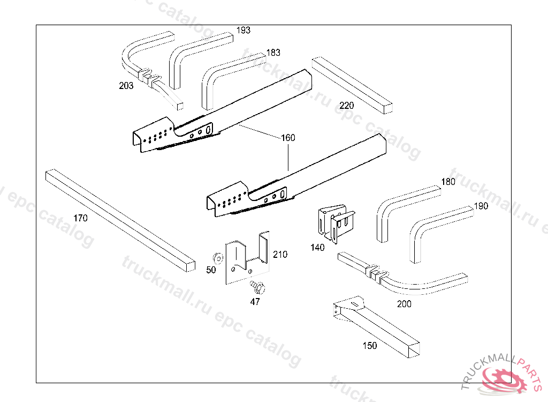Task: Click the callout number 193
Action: [243, 31]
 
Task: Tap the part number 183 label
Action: [273, 53]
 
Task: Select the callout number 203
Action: [126, 85]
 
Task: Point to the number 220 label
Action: [346, 106]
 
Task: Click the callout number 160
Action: [288, 138]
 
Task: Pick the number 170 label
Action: [80, 218]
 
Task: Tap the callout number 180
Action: [448, 182]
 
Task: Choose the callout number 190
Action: [481, 206]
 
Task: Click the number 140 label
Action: [317, 248]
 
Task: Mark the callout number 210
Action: [280, 255]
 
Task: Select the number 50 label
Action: [211, 270]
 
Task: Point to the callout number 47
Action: [255, 301]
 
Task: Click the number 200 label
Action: [404, 304]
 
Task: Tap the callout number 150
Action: [370, 346]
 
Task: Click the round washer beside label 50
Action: [218, 258]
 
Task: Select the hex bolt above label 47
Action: [258, 287]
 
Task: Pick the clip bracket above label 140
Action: [336, 223]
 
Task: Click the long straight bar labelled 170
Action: [120, 221]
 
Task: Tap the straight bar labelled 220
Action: [352, 85]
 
